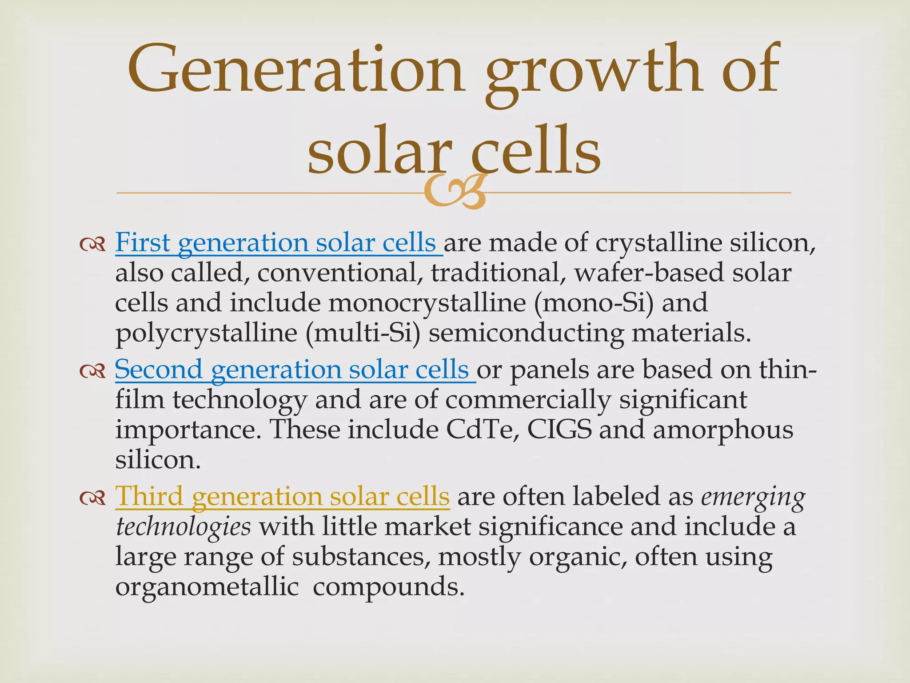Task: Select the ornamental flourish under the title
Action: pos(454,192)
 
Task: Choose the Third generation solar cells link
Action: pos(282,496)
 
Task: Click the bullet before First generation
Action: pos(92,244)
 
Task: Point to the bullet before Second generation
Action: pos(92,370)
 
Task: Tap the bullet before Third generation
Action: pos(92,497)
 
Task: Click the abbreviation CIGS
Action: pos(560,429)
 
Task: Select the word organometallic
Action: pos(207,587)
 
